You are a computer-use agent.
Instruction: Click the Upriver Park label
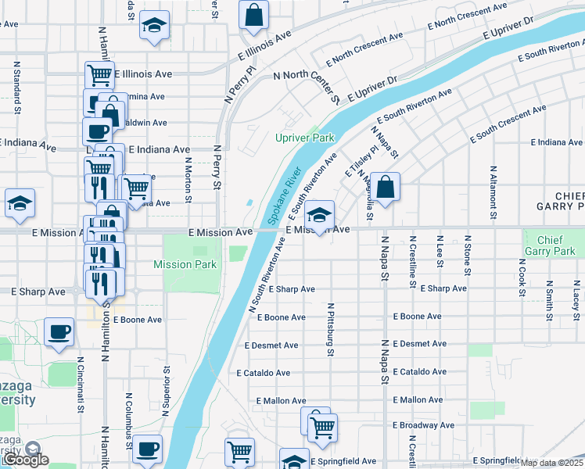click(304, 138)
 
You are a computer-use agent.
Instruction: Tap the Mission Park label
click(185, 264)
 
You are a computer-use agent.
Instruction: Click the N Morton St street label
click(188, 179)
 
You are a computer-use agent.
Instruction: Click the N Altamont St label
click(493, 188)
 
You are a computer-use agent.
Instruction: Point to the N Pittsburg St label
click(331, 330)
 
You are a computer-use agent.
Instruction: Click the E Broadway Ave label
click(423, 425)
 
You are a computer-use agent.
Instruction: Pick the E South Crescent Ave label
click(507, 124)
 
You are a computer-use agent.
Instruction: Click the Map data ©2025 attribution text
click(552, 462)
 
